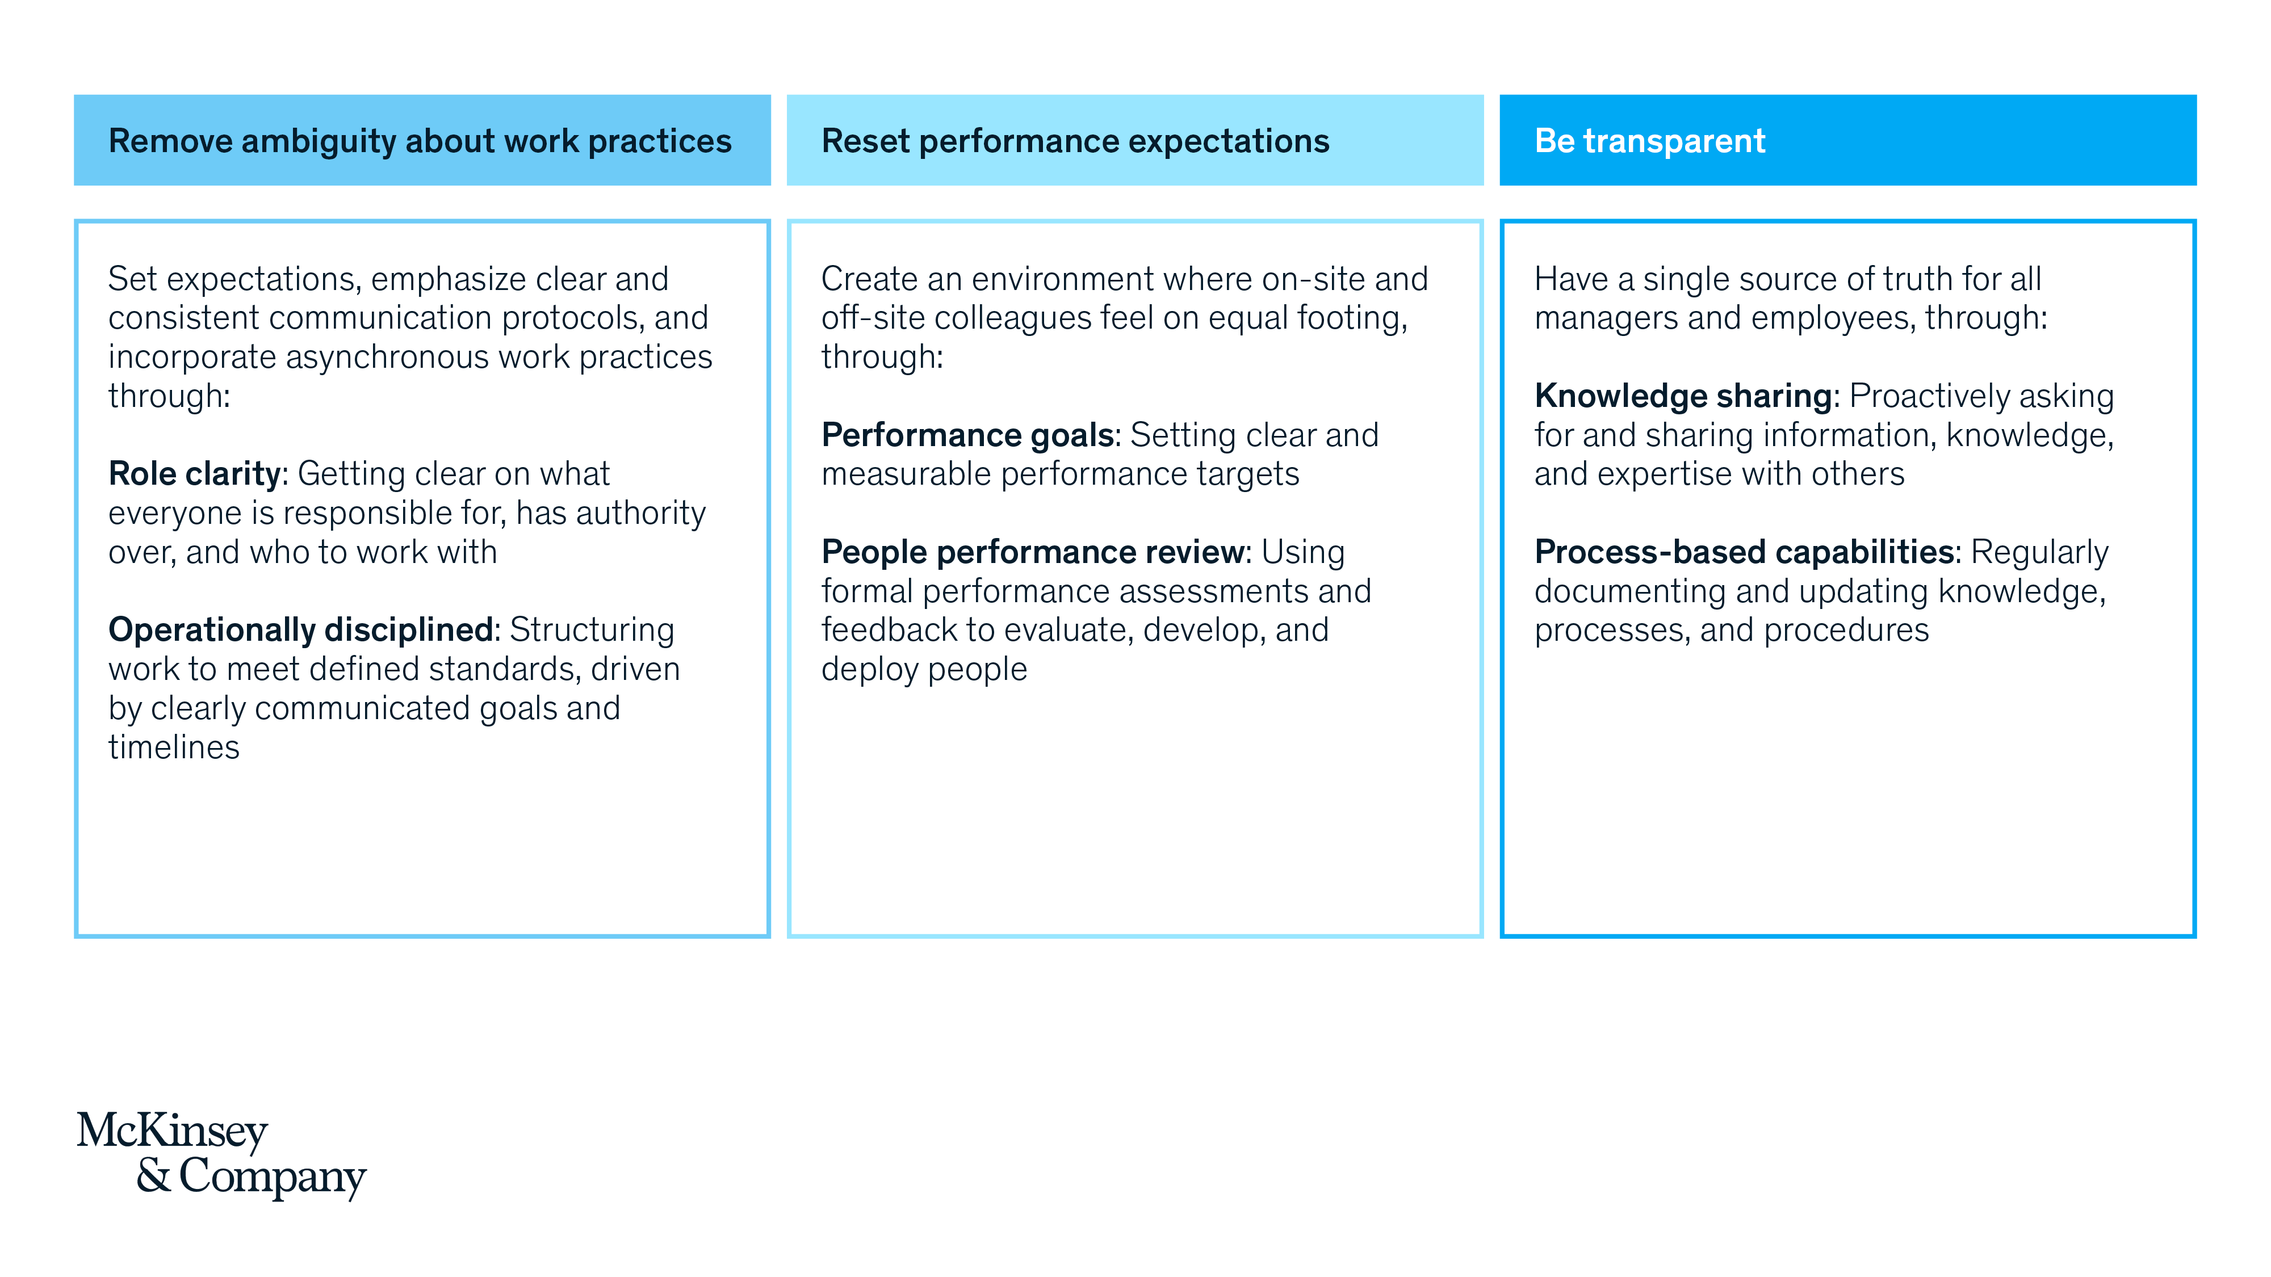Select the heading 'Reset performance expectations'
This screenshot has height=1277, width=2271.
click(1075, 141)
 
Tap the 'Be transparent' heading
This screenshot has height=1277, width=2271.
click(1649, 141)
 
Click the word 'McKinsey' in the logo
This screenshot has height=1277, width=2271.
click(173, 1132)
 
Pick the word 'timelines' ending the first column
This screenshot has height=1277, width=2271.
click(174, 747)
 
